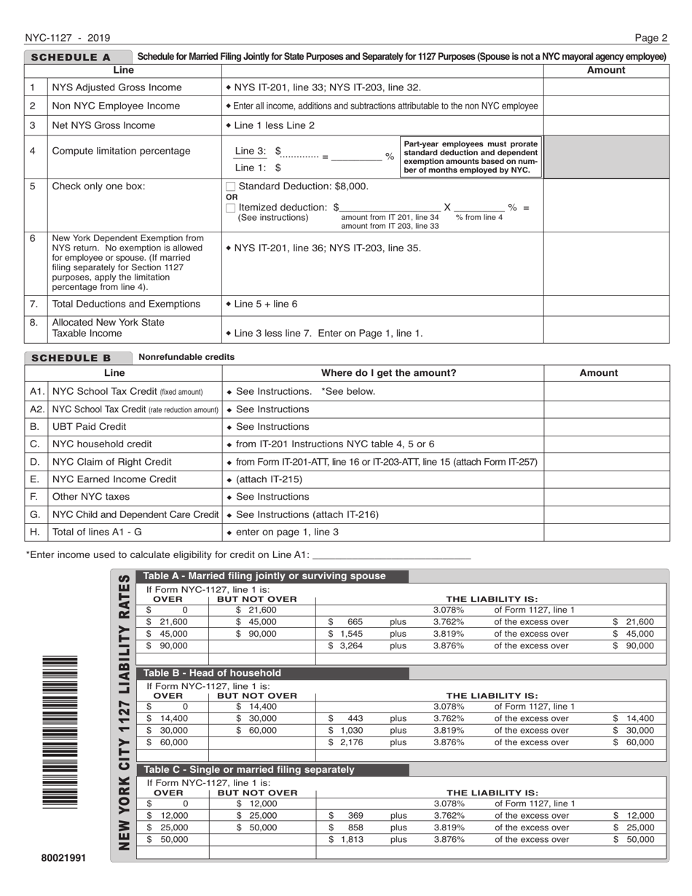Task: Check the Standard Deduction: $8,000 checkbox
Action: pos(231,186)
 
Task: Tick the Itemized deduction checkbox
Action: pos(231,208)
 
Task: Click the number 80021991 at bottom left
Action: pos(63,857)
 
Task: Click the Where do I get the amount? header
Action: pos(383,373)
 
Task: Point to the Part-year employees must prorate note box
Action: pos(471,157)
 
